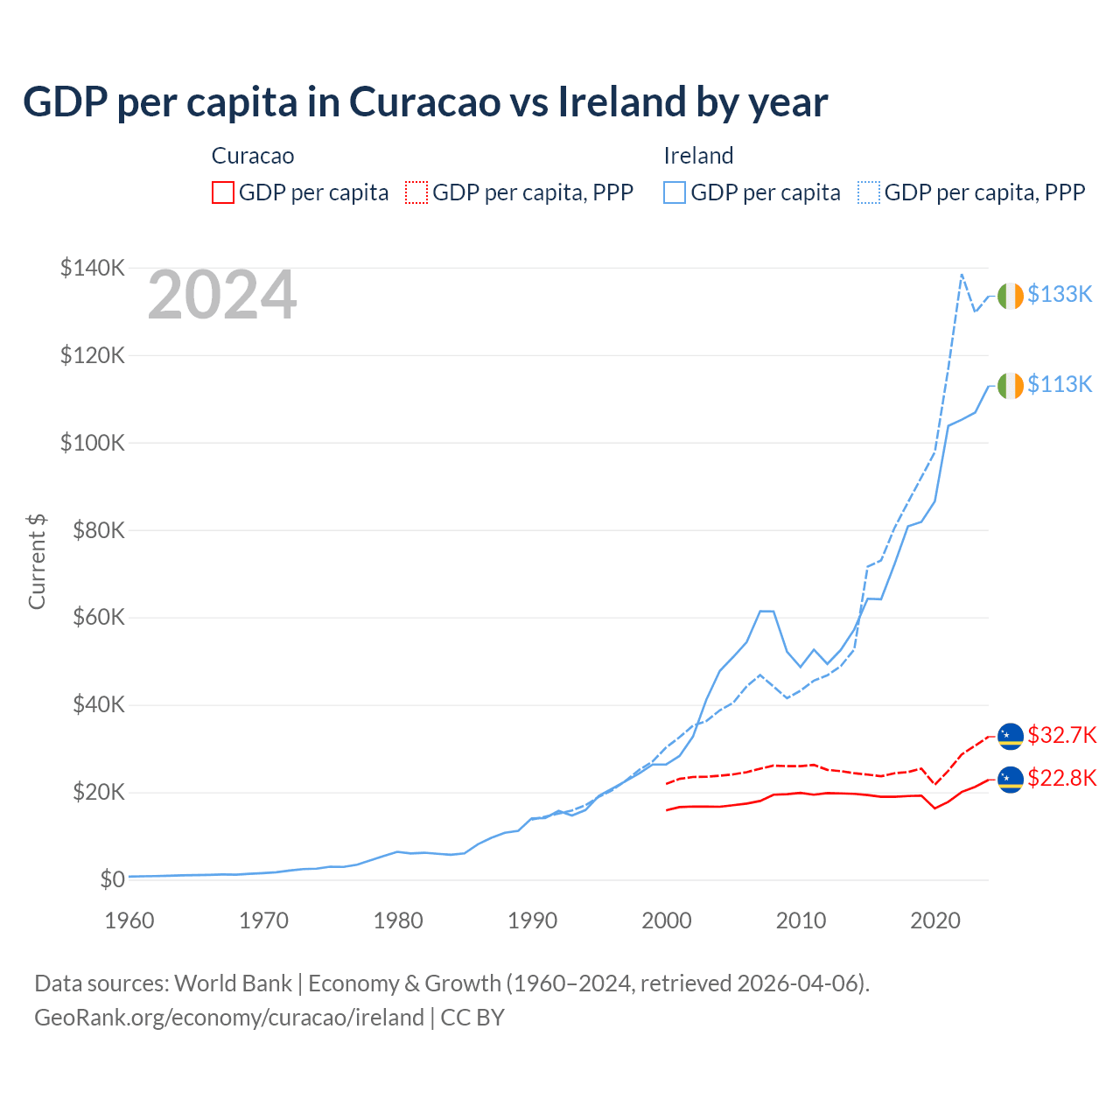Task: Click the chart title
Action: [x=425, y=102]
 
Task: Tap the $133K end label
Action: [x=1060, y=294]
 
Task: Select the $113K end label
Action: [x=1060, y=384]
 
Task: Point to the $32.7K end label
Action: [x=1061, y=735]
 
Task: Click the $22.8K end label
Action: [x=1061, y=778]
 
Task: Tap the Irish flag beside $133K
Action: [x=1011, y=296]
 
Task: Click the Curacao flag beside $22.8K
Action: [x=1011, y=778]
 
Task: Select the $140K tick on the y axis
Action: [x=93, y=268]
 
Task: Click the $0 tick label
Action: [x=112, y=879]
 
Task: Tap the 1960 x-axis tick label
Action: [x=129, y=920]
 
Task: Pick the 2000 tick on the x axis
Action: [x=667, y=920]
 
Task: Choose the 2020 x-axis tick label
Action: [x=935, y=920]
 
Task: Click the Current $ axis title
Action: [x=37, y=562]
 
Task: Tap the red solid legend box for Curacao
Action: [x=223, y=192]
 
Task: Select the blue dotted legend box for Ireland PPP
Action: [x=869, y=192]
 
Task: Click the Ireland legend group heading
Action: [x=698, y=156]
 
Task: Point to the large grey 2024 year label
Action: [x=222, y=296]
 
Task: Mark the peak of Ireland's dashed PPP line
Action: [x=962, y=275]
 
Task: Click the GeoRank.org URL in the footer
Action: [x=229, y=1018]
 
